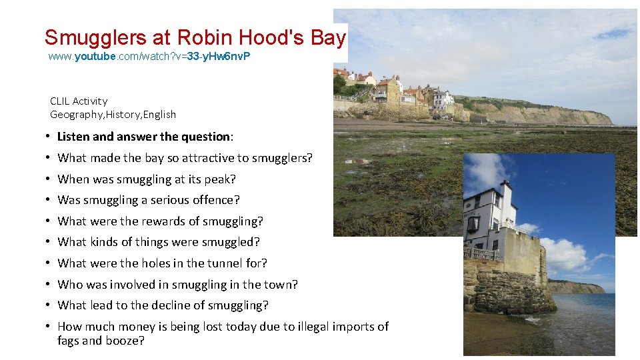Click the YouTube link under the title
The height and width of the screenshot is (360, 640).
[149, 57]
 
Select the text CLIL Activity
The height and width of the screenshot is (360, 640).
[79, 101]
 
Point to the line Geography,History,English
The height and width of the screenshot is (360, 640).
[113, 115]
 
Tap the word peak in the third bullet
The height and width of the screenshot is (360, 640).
[222, 179]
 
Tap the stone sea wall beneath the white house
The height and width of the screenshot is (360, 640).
[507, 287]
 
